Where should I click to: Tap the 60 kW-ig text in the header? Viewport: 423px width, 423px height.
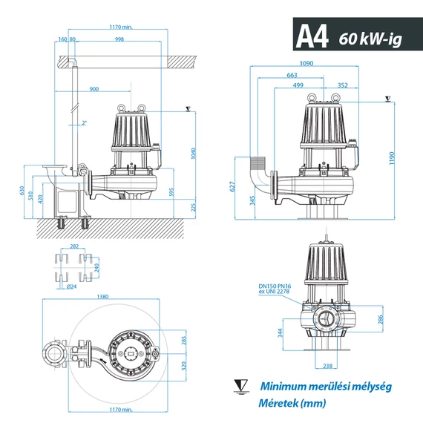click(369, 38)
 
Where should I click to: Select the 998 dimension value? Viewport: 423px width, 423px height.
click(119, 39)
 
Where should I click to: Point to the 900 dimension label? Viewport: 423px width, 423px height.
click(94, 89)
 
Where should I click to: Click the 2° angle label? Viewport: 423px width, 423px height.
click(85, 122)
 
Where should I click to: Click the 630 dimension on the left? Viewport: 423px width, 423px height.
click(22, 192)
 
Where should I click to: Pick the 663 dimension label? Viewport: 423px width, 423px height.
click(292, 75)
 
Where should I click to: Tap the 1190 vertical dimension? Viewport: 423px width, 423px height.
click(392, 158)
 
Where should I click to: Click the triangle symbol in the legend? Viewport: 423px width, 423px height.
click(240, 386)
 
